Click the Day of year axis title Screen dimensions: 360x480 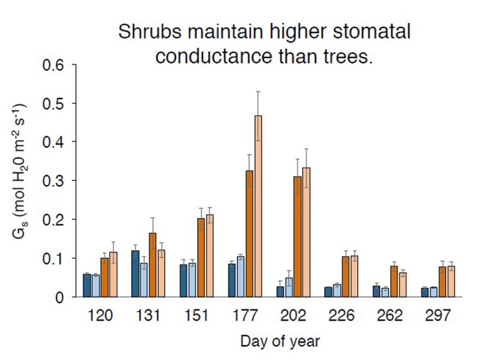pyautogui.click(x=280, y=341)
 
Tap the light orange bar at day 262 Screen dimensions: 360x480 pyautogui.click(x=403, y=285)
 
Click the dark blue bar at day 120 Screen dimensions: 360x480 pyautogui.click(x=87, y=286)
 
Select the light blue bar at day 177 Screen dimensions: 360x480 pyautogui.click(x=241, y=277)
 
